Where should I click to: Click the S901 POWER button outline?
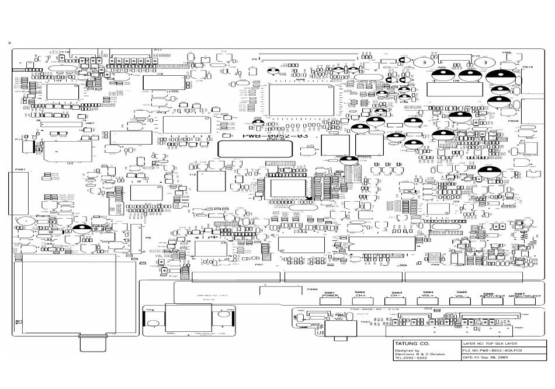click(330, 300)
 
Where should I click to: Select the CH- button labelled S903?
click(396, 300)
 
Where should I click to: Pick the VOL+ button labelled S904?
click(428, 300)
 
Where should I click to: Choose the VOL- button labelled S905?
click(461, 300)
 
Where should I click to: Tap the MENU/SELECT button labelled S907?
click(517, 300)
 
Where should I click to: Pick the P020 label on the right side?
click(514, 121)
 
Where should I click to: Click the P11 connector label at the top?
click(158, 51)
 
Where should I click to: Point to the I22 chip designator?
click(70, 163)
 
